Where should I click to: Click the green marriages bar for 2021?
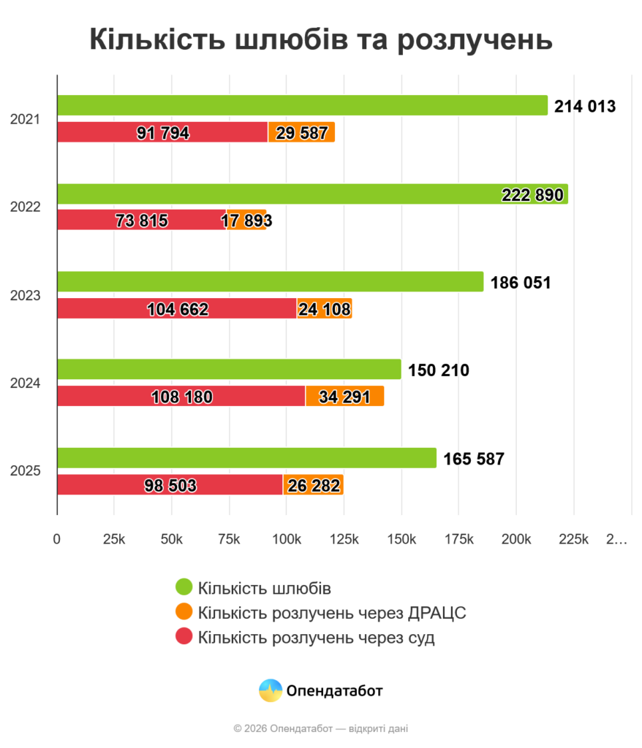pos(302,105)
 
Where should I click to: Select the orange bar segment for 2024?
pos(344,397)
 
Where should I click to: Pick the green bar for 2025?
pos(246,458)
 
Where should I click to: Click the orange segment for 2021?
pos(301,132)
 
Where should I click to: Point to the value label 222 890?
pos(532,194)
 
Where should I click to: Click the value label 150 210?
pos(439,370)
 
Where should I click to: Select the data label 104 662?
pos(178,309)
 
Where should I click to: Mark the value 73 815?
pos(141,221)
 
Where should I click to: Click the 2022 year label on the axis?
pos(25,207)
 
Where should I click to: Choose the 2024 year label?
pos(25,383)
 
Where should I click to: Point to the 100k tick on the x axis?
pos(286,540)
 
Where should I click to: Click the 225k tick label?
pos(573,540)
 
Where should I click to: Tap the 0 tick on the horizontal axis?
pos(57,540)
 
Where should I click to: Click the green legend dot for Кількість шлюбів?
pos(184,587)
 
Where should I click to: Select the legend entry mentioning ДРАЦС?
pos(331,612)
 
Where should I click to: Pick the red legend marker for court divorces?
pos(184,637)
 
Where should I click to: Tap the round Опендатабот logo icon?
pos(271,690)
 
